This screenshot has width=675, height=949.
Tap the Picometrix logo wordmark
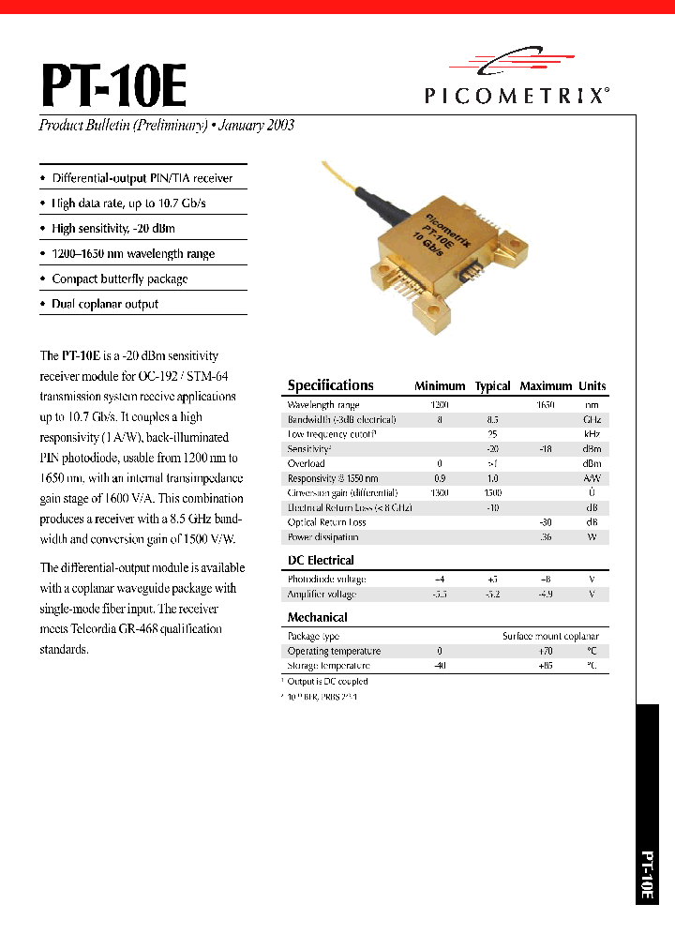coord(515,95)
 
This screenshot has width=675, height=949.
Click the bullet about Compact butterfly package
coord(119,279)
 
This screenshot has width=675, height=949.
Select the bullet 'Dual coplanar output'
coord(105,304)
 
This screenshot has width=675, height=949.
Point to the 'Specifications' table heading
coord(330,385)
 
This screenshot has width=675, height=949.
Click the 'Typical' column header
coord(492,386)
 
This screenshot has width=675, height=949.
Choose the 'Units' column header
coord(592,386)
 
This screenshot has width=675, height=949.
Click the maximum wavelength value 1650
coord(545,404)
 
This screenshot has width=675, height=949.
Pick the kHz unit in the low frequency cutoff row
coord(592,434)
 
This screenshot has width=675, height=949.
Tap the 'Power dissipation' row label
coord(322,537)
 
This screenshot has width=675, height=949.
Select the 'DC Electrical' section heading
coord(320,560)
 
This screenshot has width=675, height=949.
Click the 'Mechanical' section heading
coord(317,617)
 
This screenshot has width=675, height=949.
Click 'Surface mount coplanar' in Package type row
coord(550,636)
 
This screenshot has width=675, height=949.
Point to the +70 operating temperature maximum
coord(545,651)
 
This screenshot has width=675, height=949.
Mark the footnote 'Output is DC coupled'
coord(327,682)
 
